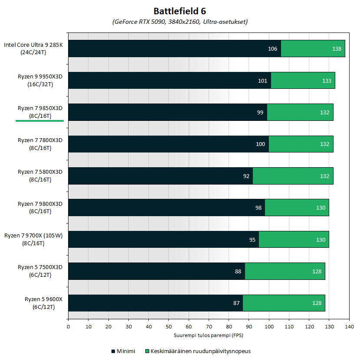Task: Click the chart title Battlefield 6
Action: (x=180, y=10)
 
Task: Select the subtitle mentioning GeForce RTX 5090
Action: (x=180, y=21)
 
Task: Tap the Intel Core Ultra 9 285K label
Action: (x=34, y=48)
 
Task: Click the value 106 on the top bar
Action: (x=272, y=49)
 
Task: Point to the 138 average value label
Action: (x=337, y=49)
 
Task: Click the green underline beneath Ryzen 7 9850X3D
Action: (x=39, y=121)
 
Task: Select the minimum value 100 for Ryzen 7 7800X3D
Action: (x=260, y=144)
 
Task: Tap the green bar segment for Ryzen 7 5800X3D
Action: (x=293, y=176)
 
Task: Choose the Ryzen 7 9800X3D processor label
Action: (x=40, y=207)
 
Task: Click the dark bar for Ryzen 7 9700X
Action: (x=163, y=239)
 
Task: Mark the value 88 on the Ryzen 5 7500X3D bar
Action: (x=238, y=271)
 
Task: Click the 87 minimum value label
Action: (x=236, y=303)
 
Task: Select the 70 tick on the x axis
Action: (x=209, y=326)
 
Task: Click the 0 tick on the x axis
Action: (x=68, y=326)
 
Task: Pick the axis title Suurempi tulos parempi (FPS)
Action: (x=209, y=335)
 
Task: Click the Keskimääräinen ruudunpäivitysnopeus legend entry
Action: (x=200, y=351)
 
